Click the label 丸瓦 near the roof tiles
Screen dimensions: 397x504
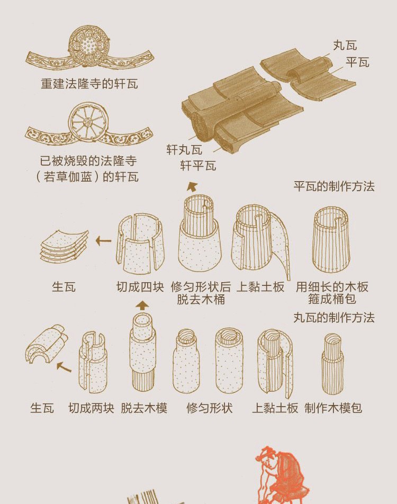click(x=345, y=46)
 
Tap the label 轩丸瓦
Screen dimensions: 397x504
click(x=184, y=150)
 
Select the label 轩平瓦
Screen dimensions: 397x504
click(x=198, y=166)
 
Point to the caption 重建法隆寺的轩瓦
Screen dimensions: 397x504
click(x=89, y=84)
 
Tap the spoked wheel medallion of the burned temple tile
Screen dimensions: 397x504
click(x=88, y=122)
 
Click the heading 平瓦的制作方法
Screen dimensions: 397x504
click(x=335, y=186)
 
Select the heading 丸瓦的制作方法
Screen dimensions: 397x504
click(x=335, y=318)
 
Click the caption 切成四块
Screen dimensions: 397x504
click(x=140, y=287)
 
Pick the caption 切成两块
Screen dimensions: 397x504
click(x=91, y=408)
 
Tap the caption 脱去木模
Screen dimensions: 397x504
click(x=144, y=408)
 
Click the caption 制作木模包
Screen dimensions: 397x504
click(x=333, y=408)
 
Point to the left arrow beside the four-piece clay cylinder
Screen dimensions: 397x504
click(x=104, y=241)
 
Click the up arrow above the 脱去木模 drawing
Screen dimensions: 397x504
click(x=142, y=305)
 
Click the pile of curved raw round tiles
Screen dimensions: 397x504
click(x=47, y=343)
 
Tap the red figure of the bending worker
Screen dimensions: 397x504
click(x=281, y=475)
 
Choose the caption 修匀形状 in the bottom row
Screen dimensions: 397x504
click(x=210, y=408)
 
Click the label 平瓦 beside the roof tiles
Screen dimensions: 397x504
click(x=357, y=62)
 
